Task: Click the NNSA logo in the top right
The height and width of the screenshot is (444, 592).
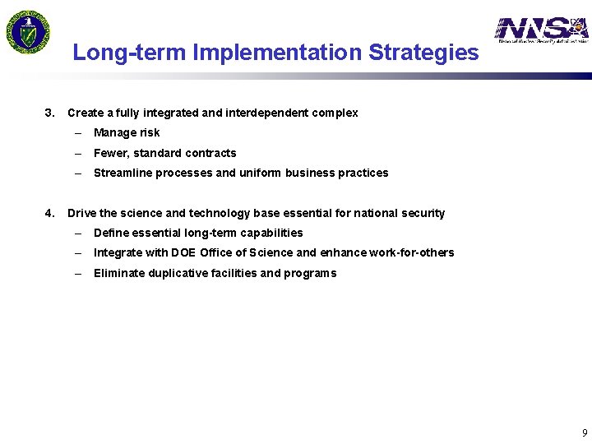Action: click(541, 30)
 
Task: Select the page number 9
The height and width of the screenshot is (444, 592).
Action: click(585, 432)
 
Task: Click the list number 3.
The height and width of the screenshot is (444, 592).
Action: click(49, 113)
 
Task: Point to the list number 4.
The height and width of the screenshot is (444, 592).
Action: click(49, 213)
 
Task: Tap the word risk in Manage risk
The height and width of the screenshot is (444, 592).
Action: click(150, 132)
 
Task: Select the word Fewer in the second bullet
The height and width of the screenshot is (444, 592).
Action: click(110, 153)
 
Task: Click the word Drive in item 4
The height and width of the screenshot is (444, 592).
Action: click(81, 213)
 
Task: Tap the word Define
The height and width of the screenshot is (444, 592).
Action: click(111, 233)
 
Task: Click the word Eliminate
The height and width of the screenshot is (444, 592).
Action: click(119, 273)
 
